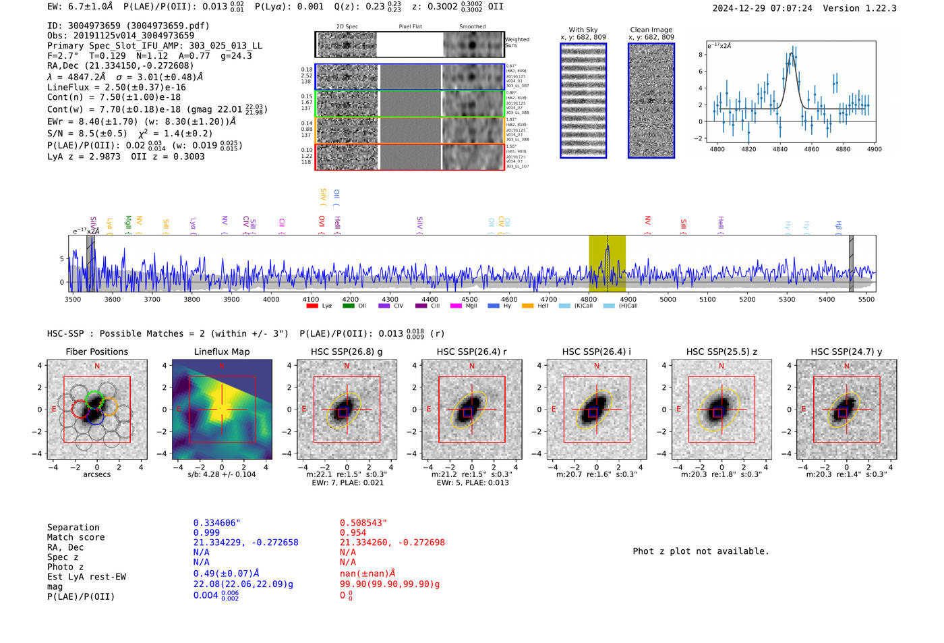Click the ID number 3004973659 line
pyautogui.click(x=128, y=26)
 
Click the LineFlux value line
pyautogui.click(x=116, y=87)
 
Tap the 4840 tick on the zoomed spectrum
pyautogui.click(x=780, y=149)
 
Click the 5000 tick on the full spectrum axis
pyautogui.click(x=668, y=299)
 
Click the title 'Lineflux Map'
pyautogui.click(x=221, y=352)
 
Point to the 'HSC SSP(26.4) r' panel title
pyautogui.click(x=471, y=352)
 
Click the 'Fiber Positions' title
pyautogui.click(x=96, y=352)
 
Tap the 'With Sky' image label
pyautogui.click(x=583, y=30)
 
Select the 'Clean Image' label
pyautogui.click(x=651, y=30)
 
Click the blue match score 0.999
pyautogui.click(x=206, y=532)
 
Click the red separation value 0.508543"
pyautogui.click(x=363, y=523)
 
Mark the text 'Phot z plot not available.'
pyautogui.click(x=701, y=551)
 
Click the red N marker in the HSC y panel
pyautogui.click(x=846, y=366)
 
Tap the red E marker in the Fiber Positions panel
pyautogui.click(x=55, y=409)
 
